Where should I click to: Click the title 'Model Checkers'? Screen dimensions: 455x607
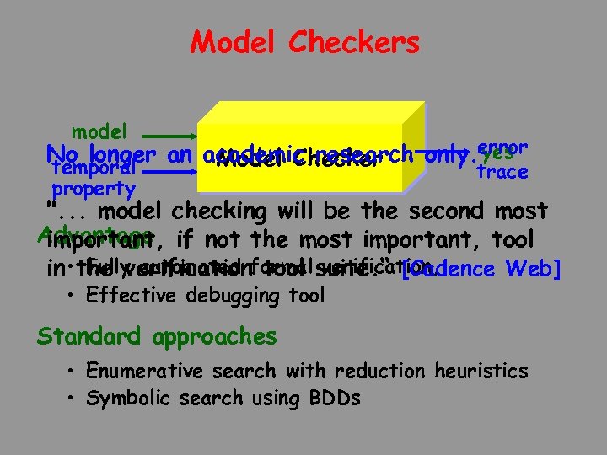click(304, 42)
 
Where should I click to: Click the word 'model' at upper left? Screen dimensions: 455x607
click(99, 131)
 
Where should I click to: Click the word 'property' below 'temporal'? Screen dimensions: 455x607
click(94, 189)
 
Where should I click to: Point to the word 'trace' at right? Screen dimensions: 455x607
click(502, 172)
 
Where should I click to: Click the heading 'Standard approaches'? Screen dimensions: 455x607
click(157, 336)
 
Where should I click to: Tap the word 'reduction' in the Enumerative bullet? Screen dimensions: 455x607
click(375, 371)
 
